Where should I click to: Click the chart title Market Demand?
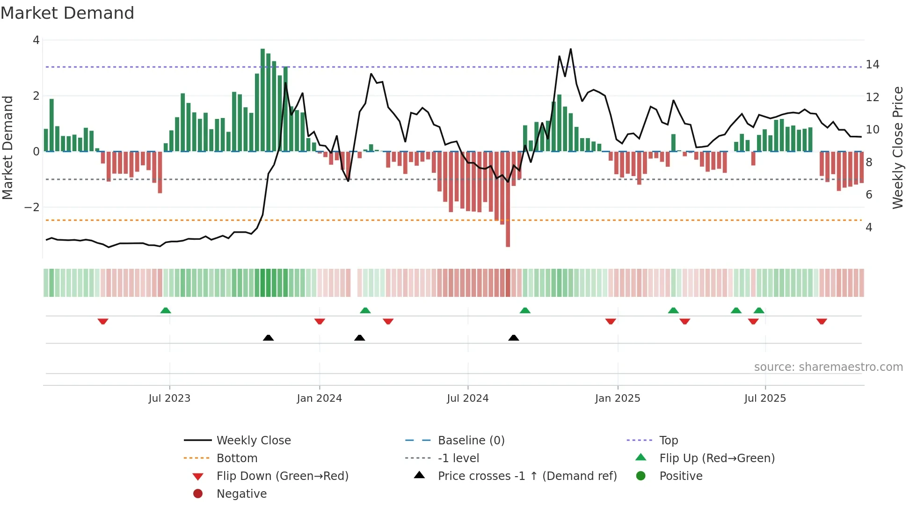click(x=67, y=13)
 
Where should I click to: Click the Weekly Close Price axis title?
click(x=897, y=147)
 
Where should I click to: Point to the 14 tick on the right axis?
click(x=872, y=65)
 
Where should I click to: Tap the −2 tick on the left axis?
click(x=32, y=207)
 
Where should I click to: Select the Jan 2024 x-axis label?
click(x=319, y=398)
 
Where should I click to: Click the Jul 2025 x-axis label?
click(x=765, y=398)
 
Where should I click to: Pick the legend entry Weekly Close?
click(x=253, y=441)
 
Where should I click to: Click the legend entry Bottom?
click(x=237, y=458)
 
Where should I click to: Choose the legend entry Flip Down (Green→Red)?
click(x=282, y=476)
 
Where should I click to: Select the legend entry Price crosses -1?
click(x=527, y=476)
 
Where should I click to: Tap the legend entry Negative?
click(x=241, y=494)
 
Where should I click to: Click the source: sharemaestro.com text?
click(x=828, y=367)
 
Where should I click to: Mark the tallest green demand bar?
click(x=262, y=101)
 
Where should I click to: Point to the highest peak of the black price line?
click(x=571, y=49)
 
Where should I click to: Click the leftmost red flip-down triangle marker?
click(x=103, y=321)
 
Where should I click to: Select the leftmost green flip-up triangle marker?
click(x=166, y=310)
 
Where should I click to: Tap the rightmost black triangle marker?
click(x=514, y=338)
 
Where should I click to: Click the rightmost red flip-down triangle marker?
click(x=822, y=321)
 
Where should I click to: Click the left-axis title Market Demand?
click(x=7, y=147)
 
